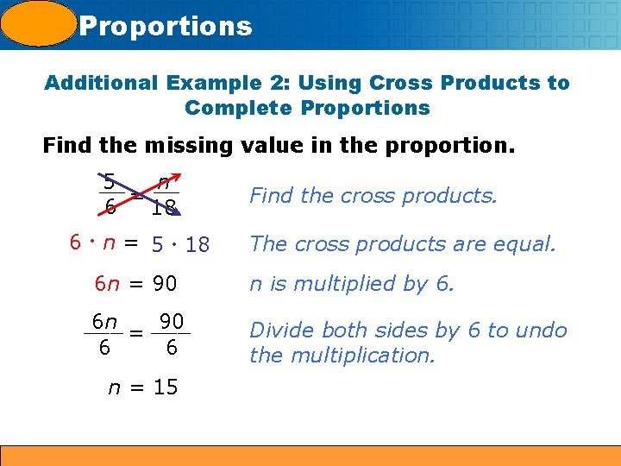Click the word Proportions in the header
point(166,26)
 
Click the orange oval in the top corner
point(39,23)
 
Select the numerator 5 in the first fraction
point(109,181)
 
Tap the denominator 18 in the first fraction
point(163,208)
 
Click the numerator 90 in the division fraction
point(172,321)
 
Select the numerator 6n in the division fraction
point(105,321)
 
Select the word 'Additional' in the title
point(100,83)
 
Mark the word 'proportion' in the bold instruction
point(456,144)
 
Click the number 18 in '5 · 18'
point(198,245)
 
